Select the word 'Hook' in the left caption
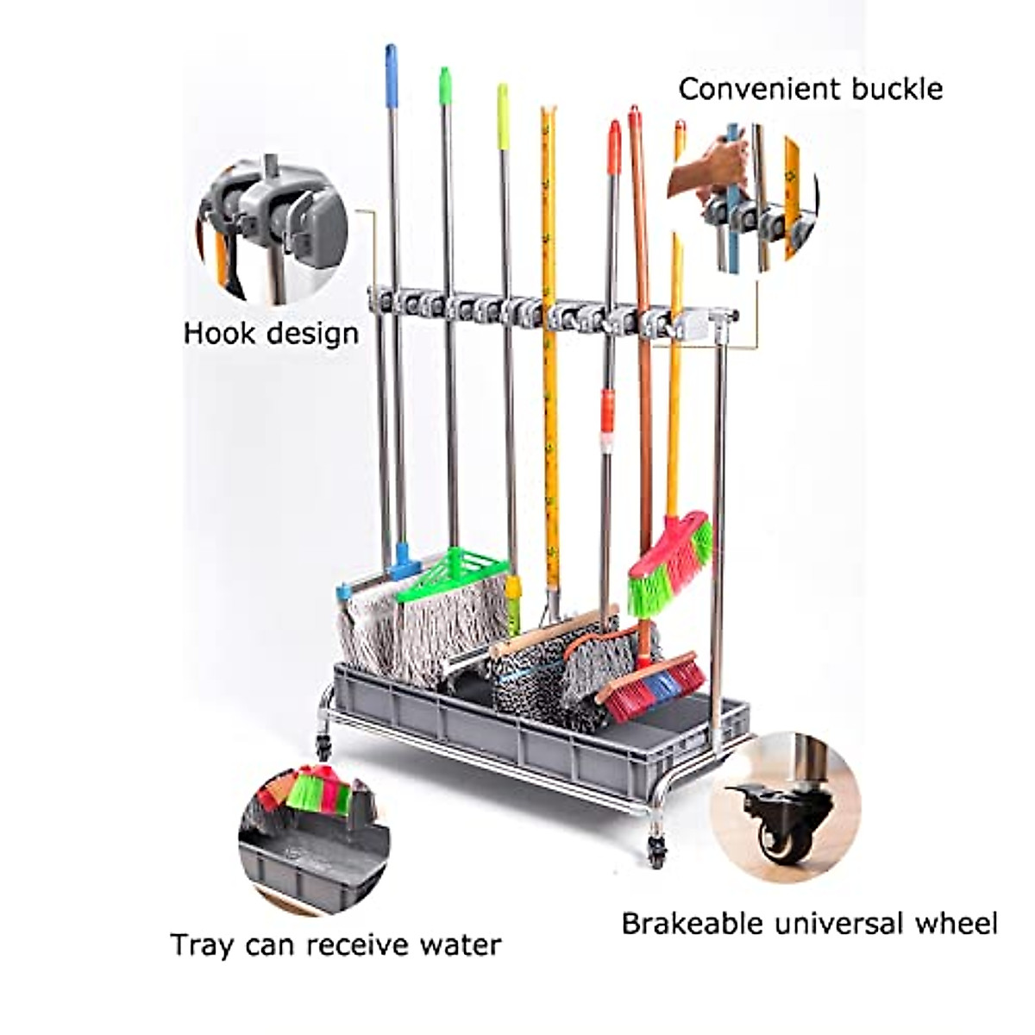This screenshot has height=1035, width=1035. tap(214, 333)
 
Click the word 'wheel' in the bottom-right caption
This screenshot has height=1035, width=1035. tap(957, 924)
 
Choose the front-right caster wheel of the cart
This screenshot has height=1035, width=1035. tap(657, 850)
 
